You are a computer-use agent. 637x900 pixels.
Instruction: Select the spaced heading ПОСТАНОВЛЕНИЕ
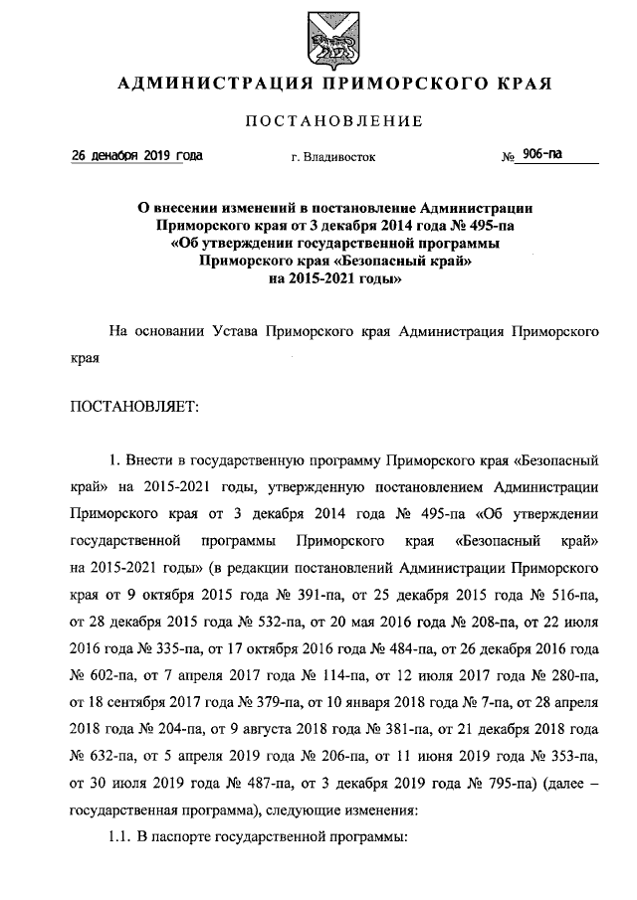[333, 121]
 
